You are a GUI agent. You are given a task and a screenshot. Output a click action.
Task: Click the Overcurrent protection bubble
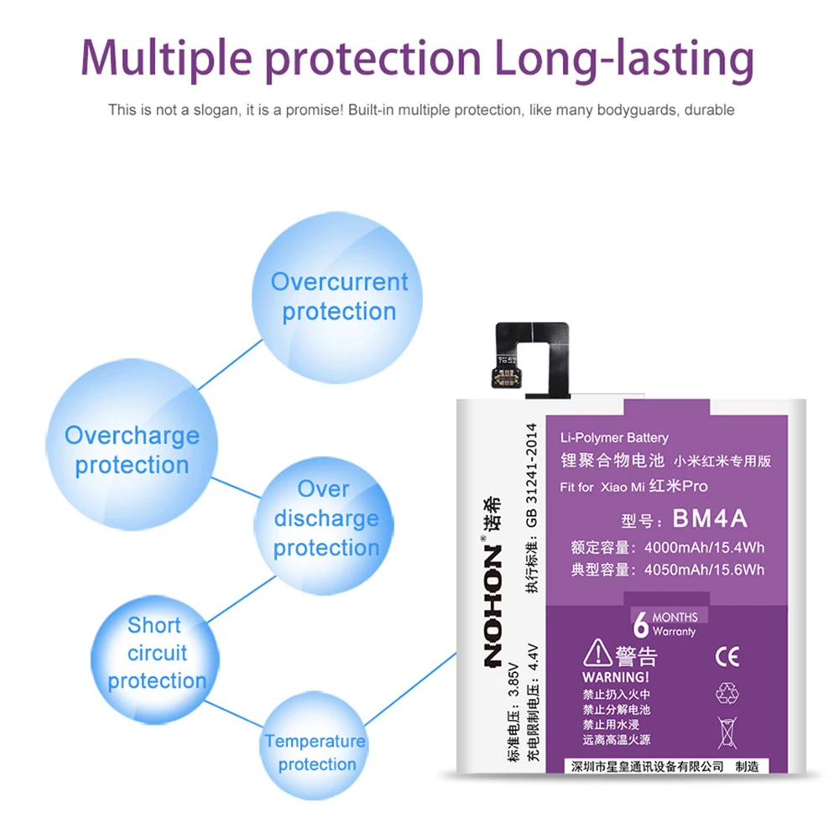coord(337,298)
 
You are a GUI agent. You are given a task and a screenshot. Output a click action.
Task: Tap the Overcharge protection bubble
coord(132,444)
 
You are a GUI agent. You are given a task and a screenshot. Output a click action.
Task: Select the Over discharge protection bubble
coord(324,525)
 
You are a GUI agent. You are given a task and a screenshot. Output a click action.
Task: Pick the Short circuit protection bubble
coord(155,659)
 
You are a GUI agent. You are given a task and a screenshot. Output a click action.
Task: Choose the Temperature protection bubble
coord(315,745)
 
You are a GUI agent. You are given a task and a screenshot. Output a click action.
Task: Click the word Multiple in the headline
coord(166,59)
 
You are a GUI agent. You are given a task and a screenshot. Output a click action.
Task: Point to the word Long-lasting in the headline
coord(624,59)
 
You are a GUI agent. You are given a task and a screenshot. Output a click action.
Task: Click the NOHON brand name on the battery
coord(492,607)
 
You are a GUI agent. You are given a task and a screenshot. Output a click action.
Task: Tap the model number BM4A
coord(710,518)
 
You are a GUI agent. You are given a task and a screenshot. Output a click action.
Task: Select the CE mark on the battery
coord(727,656)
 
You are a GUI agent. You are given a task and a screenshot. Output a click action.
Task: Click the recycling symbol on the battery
coord(727,694)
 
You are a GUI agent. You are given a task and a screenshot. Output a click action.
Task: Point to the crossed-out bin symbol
coord(727,732)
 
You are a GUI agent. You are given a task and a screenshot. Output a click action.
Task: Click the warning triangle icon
coord(597,653)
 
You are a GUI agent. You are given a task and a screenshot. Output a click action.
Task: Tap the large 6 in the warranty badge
coord(640,624)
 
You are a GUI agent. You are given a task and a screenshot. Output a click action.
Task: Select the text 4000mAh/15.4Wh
coord(704,547)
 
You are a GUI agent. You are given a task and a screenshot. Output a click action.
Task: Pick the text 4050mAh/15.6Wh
coord(704,570)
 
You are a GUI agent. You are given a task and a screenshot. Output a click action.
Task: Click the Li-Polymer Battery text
coord(614,438)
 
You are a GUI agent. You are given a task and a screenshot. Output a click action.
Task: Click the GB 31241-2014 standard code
coord(531,475)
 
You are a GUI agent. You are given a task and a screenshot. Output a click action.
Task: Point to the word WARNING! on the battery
coord(615,677)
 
